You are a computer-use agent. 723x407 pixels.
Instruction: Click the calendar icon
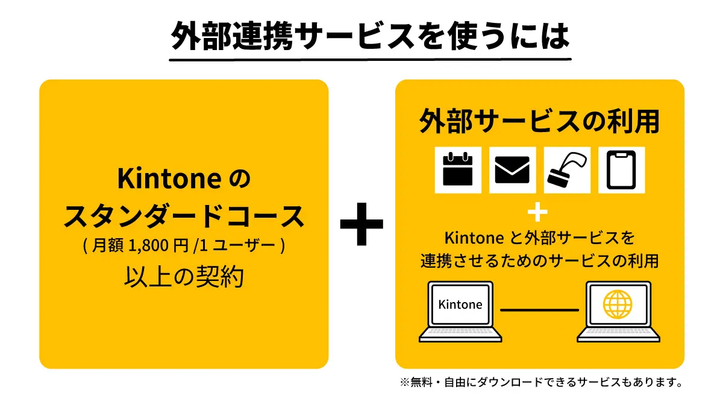click(x=458, y=169)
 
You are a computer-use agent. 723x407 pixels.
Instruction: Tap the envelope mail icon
click(x=512, y=169)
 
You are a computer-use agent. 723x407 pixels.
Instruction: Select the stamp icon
click(x=567, y=169)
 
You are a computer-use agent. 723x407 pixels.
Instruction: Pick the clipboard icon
click(x=621, y=169)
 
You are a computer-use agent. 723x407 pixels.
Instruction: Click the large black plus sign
click(x=361, y=224)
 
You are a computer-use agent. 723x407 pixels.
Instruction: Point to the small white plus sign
click(x=537, y=212)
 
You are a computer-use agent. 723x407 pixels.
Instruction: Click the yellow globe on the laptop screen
click(x=618, y=304)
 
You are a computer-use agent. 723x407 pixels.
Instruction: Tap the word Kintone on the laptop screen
click(x=460, y=304)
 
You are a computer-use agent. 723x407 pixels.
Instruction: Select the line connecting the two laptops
click(x=539, y=310)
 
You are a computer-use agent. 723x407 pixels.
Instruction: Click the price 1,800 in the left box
click(x=148, y=245)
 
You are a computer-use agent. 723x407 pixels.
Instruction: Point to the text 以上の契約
click(x=184, y=277)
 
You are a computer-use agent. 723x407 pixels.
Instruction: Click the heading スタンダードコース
click(x=184, y=216)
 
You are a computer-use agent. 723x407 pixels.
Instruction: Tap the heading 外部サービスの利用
click(x=539, y=121)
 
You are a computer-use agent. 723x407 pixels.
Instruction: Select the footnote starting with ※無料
click(x=541, y=382)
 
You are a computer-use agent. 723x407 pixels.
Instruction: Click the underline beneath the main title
click(x=370, y=60)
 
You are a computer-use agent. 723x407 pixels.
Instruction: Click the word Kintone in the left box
click(x=169, y=178)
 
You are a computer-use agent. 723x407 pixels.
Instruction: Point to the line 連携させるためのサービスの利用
click(x=539, y=261)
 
